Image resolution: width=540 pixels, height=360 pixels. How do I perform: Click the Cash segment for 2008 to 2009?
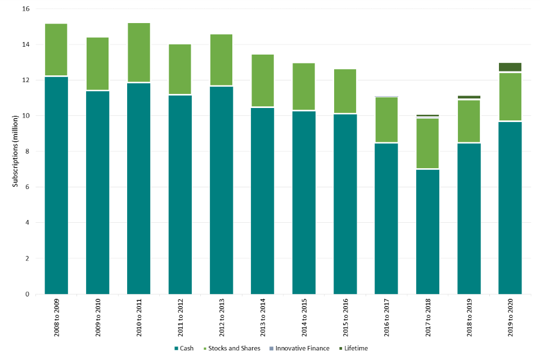pyautogui.click(x=52, y=186)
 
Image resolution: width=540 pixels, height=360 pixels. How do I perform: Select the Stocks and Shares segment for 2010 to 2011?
pyautogui.click(x=138, y=52)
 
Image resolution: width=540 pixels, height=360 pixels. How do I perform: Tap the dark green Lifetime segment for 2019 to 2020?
pyautogui.click(x=510, y=67)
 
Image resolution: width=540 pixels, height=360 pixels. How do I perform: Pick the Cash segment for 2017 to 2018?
pyautogui.click(x=427, y=232)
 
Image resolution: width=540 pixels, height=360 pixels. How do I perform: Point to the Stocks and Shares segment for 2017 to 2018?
pyautogui.click(x=427, y=143)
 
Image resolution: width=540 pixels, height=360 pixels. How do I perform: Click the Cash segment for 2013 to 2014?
pyautogui.click(x=262, y=201)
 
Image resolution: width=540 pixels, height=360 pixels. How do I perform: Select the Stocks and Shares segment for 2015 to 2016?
pyautogui.click(x=345, y=91)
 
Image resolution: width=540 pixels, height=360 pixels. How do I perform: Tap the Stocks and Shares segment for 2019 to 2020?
pyautogui.click(x=510, y=96)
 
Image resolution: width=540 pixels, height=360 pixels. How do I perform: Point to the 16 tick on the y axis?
pyautogui.click(x=26, y=9)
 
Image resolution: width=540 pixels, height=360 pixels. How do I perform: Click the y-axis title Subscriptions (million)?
pyautogui.click(x=15, y=152)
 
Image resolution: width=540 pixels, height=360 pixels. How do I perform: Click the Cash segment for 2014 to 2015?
pyautogui.click(x=304, y=202)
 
